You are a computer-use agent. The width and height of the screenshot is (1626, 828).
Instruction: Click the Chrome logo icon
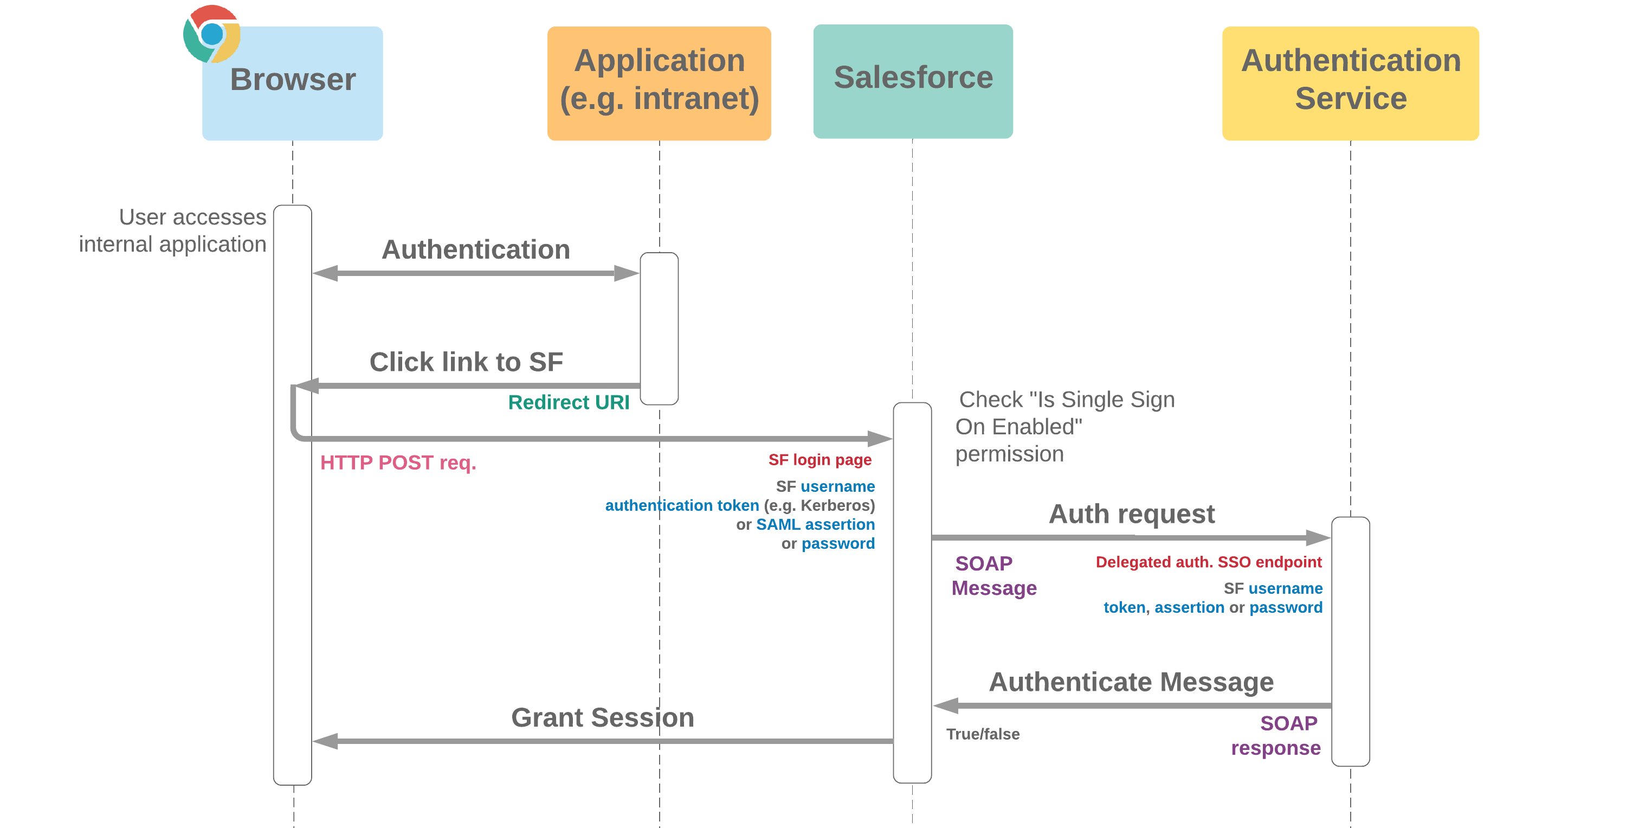click(x=211, y=34)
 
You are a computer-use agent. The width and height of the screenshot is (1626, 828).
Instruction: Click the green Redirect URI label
click(x=568, y=402)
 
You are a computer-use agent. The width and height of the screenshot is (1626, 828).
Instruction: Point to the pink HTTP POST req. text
click(x=398, y=463)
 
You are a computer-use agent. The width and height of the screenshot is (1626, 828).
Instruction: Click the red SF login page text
click(x=820, y=460)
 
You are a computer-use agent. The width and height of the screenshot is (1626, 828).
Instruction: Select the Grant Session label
click(x=602, y=717)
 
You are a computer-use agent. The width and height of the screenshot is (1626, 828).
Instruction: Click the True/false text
click(x=982, y=734)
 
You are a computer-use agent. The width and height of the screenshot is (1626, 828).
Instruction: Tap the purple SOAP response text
click(x=1276, y=735)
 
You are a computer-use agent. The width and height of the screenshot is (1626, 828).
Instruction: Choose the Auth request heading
click(x=1131, y=514)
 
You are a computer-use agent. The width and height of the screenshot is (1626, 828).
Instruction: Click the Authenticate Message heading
click(x=1131, y=682)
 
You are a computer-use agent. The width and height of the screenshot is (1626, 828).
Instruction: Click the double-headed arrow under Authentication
click(x=475, y=273)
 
